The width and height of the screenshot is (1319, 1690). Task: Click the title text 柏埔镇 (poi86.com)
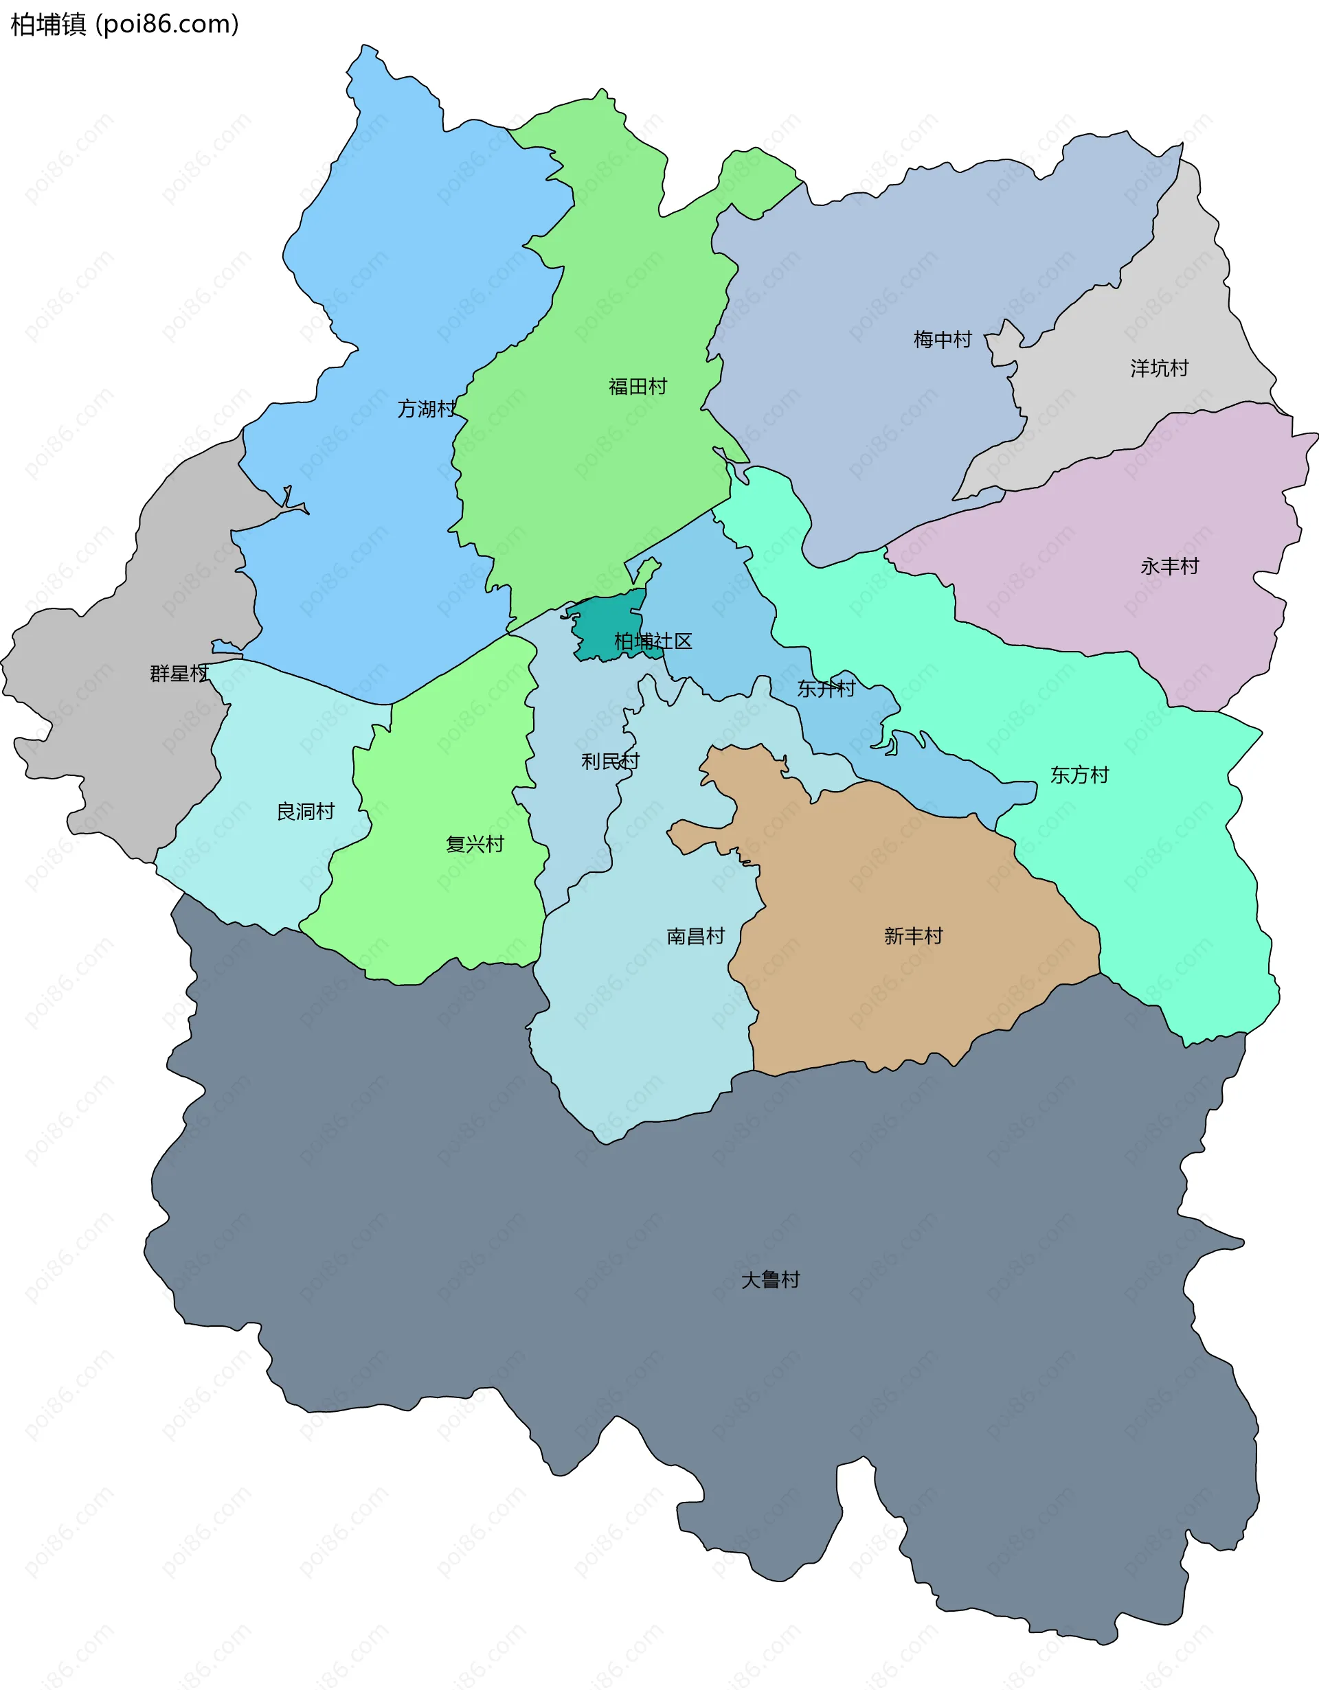click(x=124, y=25)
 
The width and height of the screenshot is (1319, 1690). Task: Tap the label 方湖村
click(x=427, y=409)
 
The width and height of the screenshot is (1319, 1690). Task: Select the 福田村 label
click(x=638, y=386)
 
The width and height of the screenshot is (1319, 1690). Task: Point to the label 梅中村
click(x=942, y=340)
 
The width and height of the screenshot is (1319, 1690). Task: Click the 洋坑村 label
click(x=1159, y=368)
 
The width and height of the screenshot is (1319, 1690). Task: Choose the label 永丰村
click(x=1169, y=567)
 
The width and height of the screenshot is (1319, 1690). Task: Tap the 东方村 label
click(x=1079, y=775)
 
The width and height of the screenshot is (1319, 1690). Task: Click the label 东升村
click(x=826, y=688)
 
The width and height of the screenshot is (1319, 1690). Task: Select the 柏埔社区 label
click(x=653, y=641)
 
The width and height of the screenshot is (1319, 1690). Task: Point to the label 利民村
click(x=610, y=762)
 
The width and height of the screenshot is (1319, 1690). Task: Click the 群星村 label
click(x=179, y=673)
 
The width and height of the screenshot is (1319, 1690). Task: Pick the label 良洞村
click(x=306, y=811)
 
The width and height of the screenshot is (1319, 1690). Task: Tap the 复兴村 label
click(x=475, y=844)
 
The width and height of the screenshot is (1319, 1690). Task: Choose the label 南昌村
click(x=695, y=936)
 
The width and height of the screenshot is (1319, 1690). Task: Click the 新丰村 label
click(x=914, y=936)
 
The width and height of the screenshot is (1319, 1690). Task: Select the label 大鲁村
click(x=770, y=1280)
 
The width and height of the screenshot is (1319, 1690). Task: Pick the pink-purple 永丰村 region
click(x=1123, y=619)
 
